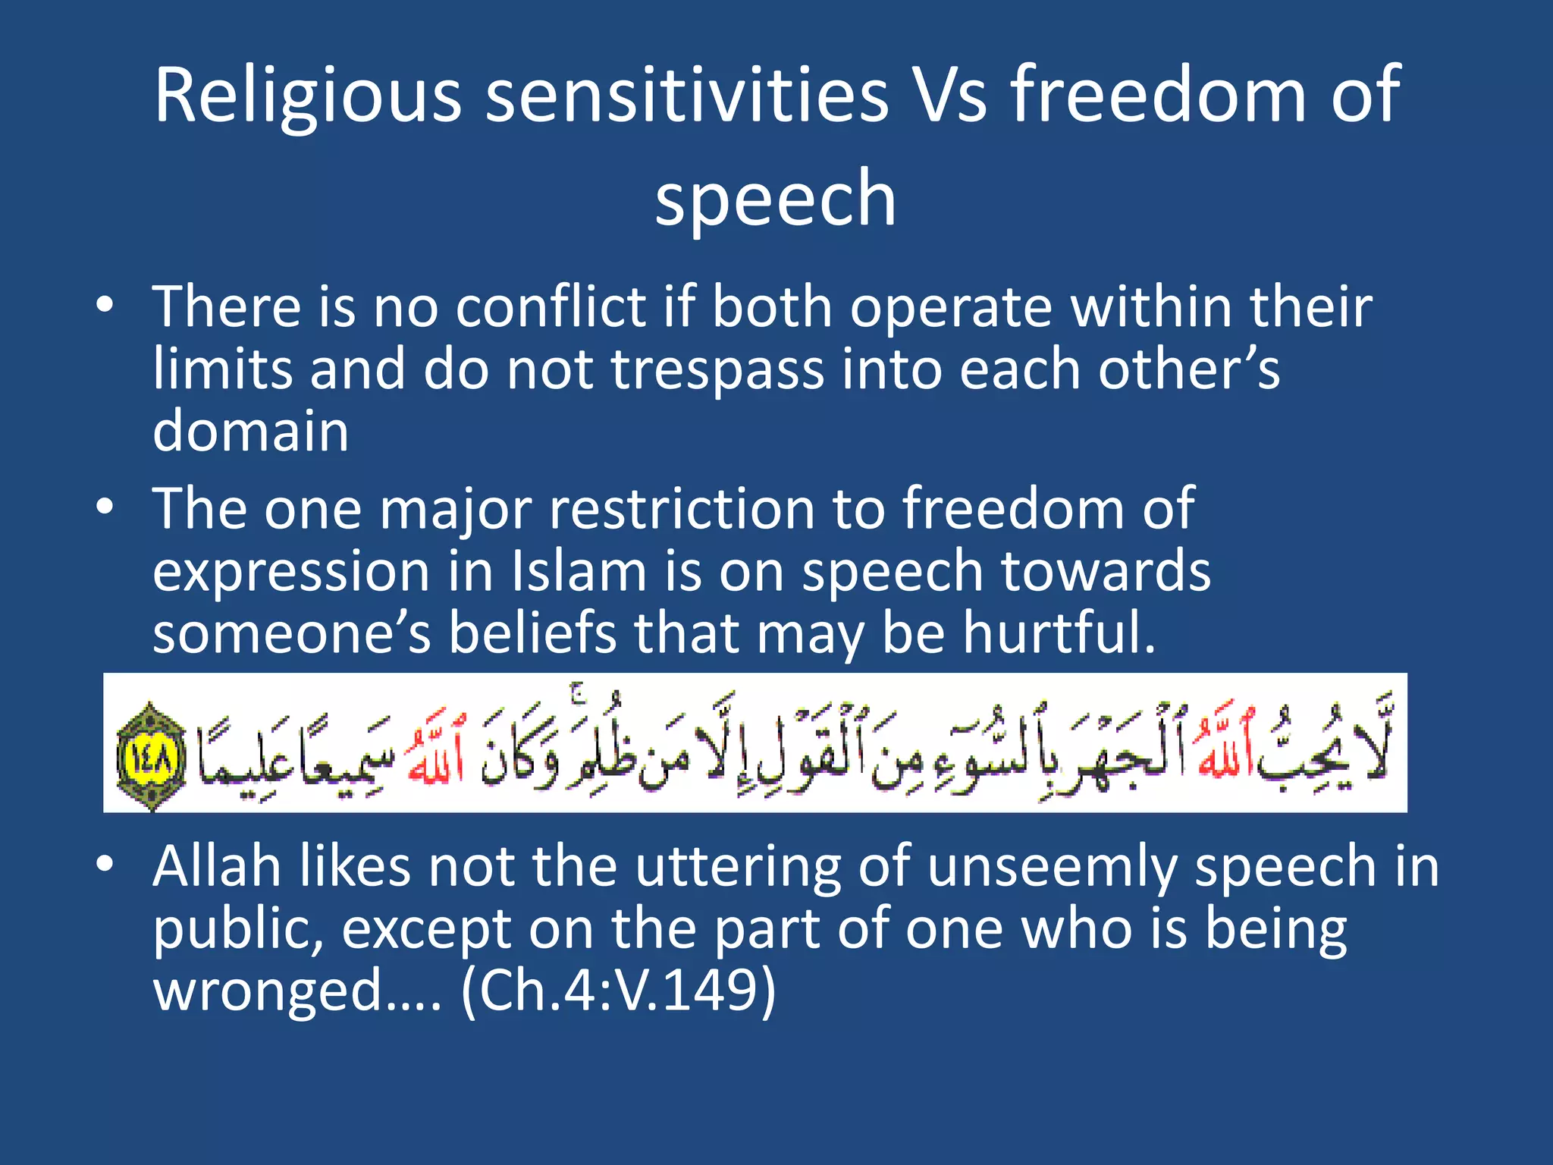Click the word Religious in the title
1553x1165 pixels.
tap(307, 97)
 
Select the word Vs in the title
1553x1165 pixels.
tap(949, 96)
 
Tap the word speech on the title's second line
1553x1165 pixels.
tap(776, 199)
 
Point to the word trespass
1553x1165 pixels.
tap(717, 370)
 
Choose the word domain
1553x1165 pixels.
tap(250, 431)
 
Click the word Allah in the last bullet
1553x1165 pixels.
tap(217, 867)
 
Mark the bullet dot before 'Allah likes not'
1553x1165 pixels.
tap(105, 865)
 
